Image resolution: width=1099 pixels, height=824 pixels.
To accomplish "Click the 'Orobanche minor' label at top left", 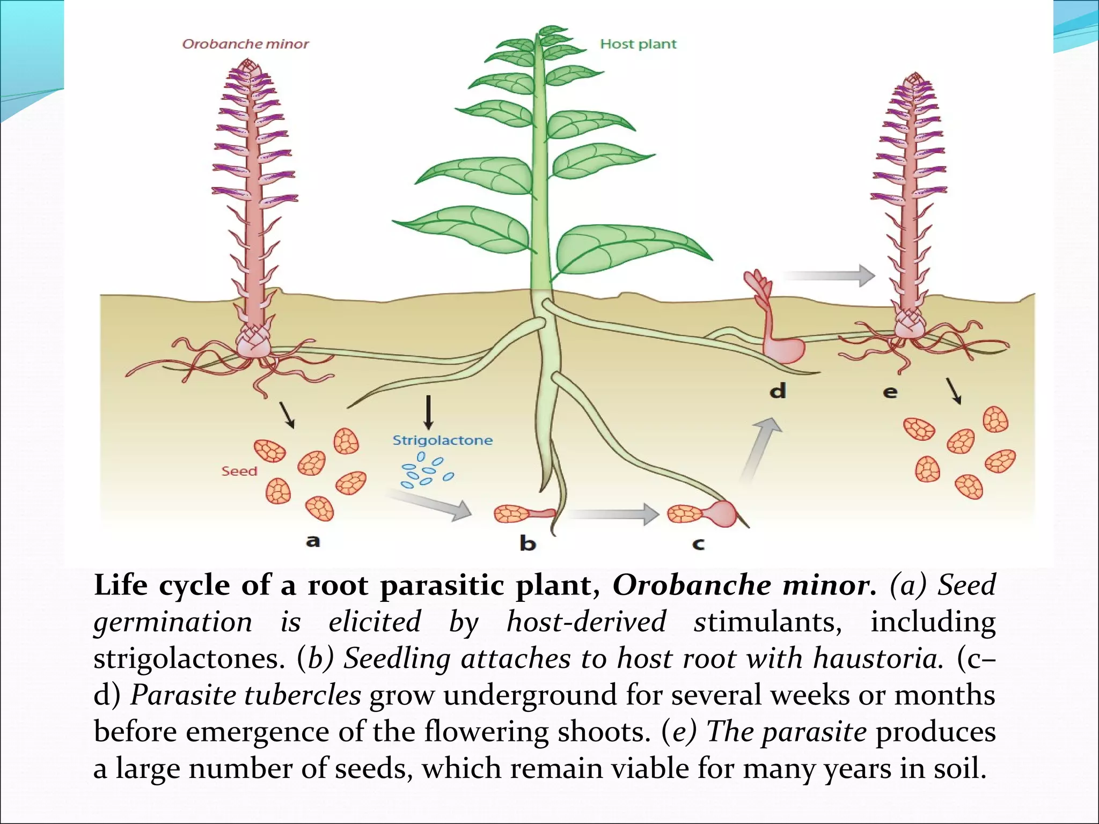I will point(245,44).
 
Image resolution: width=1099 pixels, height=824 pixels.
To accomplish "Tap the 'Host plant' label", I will point(638,44).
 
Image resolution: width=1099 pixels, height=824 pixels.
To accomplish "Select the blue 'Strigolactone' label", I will point(442,440).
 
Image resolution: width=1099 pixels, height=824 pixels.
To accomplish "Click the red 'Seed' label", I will point(239,471).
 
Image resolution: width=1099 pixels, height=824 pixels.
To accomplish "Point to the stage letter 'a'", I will point(313,541).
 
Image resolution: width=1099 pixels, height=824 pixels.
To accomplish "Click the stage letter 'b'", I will point(527,544).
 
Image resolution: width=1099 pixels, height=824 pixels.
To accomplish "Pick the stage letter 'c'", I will point(698,545).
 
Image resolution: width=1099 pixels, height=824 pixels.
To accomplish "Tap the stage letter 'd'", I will point(778,391).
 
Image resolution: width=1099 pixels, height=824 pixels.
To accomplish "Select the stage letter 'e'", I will point(890,392).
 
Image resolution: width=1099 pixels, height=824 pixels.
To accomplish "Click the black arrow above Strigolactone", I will point(428,412).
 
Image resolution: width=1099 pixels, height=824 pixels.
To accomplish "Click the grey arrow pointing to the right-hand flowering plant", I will point(829,276).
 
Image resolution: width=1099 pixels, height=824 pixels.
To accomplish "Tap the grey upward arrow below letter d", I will point(761,448).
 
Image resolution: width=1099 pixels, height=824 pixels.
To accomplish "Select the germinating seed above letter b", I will point(523,514).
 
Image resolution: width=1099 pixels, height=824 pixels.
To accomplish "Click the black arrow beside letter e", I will point(954,391).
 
